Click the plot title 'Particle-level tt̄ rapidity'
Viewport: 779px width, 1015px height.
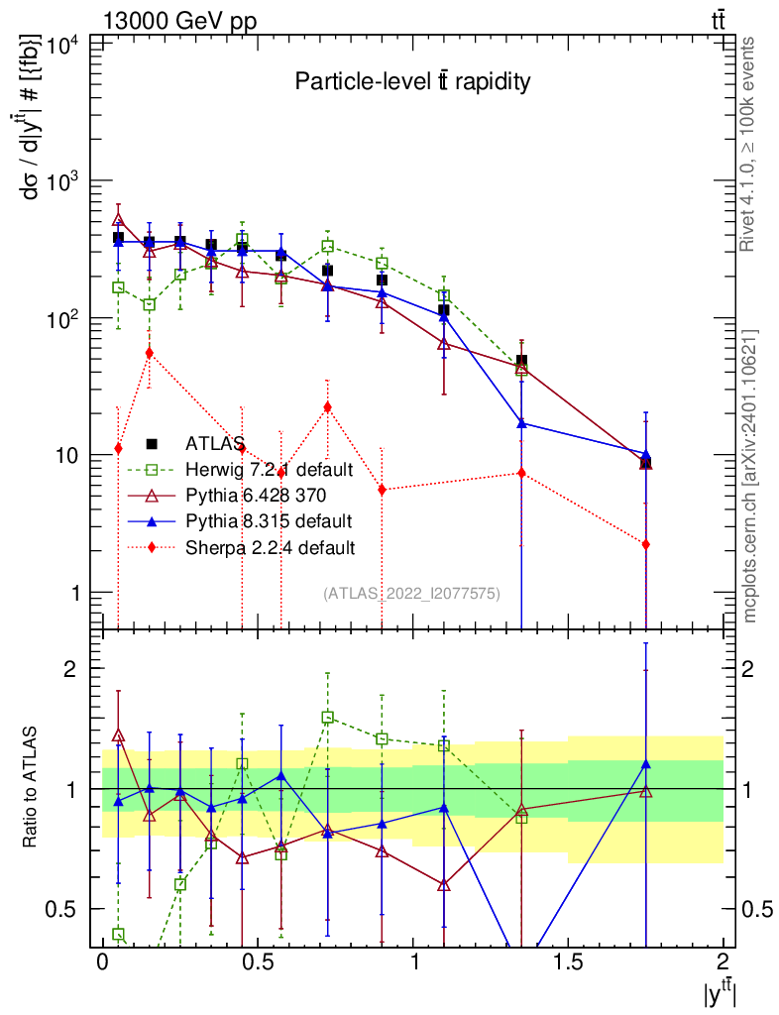coord(412,82)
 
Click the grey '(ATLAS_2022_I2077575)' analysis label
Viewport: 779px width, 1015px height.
coord(411,593)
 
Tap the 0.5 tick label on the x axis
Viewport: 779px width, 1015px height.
coord(257,961)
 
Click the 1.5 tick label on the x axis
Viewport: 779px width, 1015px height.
coord(568,961)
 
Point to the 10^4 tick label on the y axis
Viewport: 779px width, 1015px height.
coord(62,46)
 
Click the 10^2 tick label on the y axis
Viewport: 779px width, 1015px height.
coord(62,319)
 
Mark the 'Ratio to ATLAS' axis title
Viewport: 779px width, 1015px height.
coord(32,789)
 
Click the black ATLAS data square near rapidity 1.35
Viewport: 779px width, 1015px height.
coord(521,362)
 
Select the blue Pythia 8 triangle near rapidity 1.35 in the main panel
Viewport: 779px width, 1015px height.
coord(521,423)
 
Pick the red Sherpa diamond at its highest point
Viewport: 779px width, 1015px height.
coord(149,352)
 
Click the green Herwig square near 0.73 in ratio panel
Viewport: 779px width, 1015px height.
coord(327,717)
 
